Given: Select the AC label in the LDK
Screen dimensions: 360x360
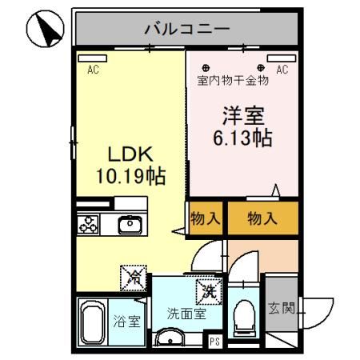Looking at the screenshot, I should click(93, 70).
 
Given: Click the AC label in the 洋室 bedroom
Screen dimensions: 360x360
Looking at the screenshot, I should click(282, 70).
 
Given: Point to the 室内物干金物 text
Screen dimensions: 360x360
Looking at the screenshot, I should click(232, 80).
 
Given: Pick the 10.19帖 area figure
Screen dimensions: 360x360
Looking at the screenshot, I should click(130, 175).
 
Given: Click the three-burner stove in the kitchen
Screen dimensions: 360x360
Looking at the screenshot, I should click(88, 225).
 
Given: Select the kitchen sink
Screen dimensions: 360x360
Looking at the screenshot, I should click(130, 225).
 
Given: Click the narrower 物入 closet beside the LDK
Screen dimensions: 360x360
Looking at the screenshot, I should click(205, 218).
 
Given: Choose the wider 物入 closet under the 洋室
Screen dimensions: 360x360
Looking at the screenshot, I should click(262, 218).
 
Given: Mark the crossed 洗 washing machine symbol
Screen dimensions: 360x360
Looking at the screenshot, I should click(209, 289).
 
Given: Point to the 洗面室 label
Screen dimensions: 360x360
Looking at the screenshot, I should click(186, 314).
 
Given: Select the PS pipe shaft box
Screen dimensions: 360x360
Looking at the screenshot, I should click(214, 341).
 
